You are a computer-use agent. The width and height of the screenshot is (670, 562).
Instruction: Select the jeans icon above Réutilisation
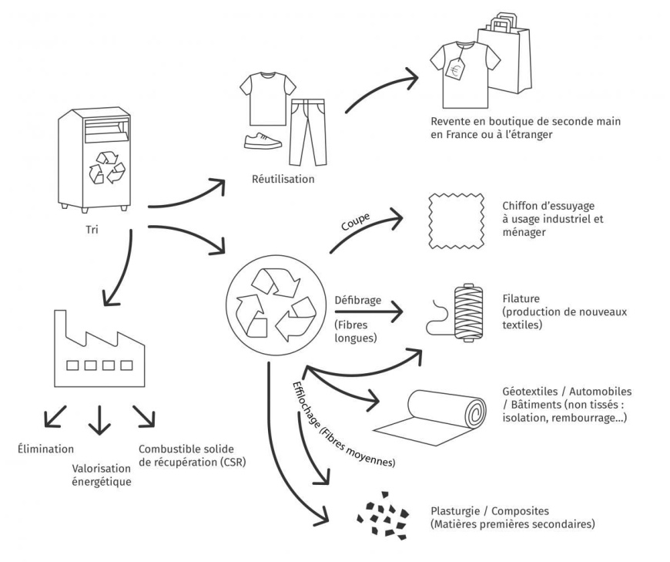(x=302, y=126)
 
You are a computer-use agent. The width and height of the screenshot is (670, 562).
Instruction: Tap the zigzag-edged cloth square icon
(x=454, y=219)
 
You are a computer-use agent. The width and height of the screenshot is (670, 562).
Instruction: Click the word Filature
(x=521, y=298)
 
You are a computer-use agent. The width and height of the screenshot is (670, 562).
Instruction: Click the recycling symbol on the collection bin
(x=102, y=167)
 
